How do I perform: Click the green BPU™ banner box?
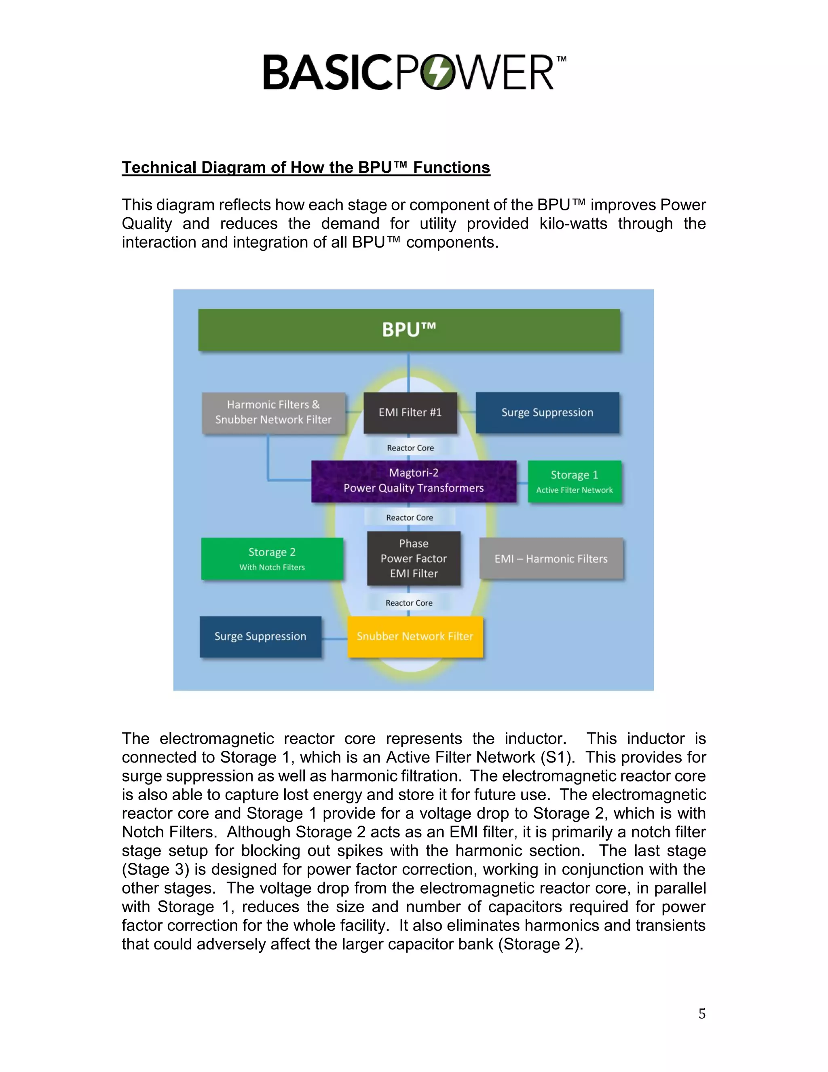(x=409, y=329)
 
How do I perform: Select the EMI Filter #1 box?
(x=410, y=412)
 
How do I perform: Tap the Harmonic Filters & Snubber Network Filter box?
(x=273, y=412)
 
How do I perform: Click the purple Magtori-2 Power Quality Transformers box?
(x=414, y=481)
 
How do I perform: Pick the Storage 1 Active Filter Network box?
(x=575, y=481)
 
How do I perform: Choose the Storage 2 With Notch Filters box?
(x=272, y=559)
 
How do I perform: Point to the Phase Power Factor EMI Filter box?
(x=414, y=558)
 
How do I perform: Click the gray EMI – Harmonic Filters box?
(x=551, y=559)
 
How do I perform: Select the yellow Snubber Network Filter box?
(x=415, y=636)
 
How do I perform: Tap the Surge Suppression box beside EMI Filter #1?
(x=547, y=412)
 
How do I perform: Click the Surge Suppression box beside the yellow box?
(x=260, y=636)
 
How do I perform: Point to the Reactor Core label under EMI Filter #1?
(x=410, y=448)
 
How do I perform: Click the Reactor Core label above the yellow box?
(x=409, y=603)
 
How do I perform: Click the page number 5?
(x=702, y=1014)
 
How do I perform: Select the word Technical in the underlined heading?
(x=159, y=167)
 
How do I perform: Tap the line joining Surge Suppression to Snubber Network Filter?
(x=334, y=639)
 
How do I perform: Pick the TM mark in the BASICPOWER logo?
(x=562, y=59)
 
